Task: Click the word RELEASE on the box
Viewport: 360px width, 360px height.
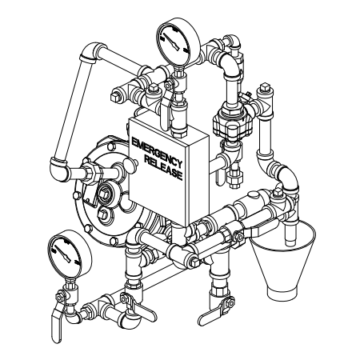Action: point(164,168)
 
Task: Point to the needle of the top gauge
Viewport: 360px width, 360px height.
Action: point(171,42)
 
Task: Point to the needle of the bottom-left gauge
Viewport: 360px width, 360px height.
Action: point(63,253)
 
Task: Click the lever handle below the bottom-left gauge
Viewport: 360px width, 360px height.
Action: point(57,326)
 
